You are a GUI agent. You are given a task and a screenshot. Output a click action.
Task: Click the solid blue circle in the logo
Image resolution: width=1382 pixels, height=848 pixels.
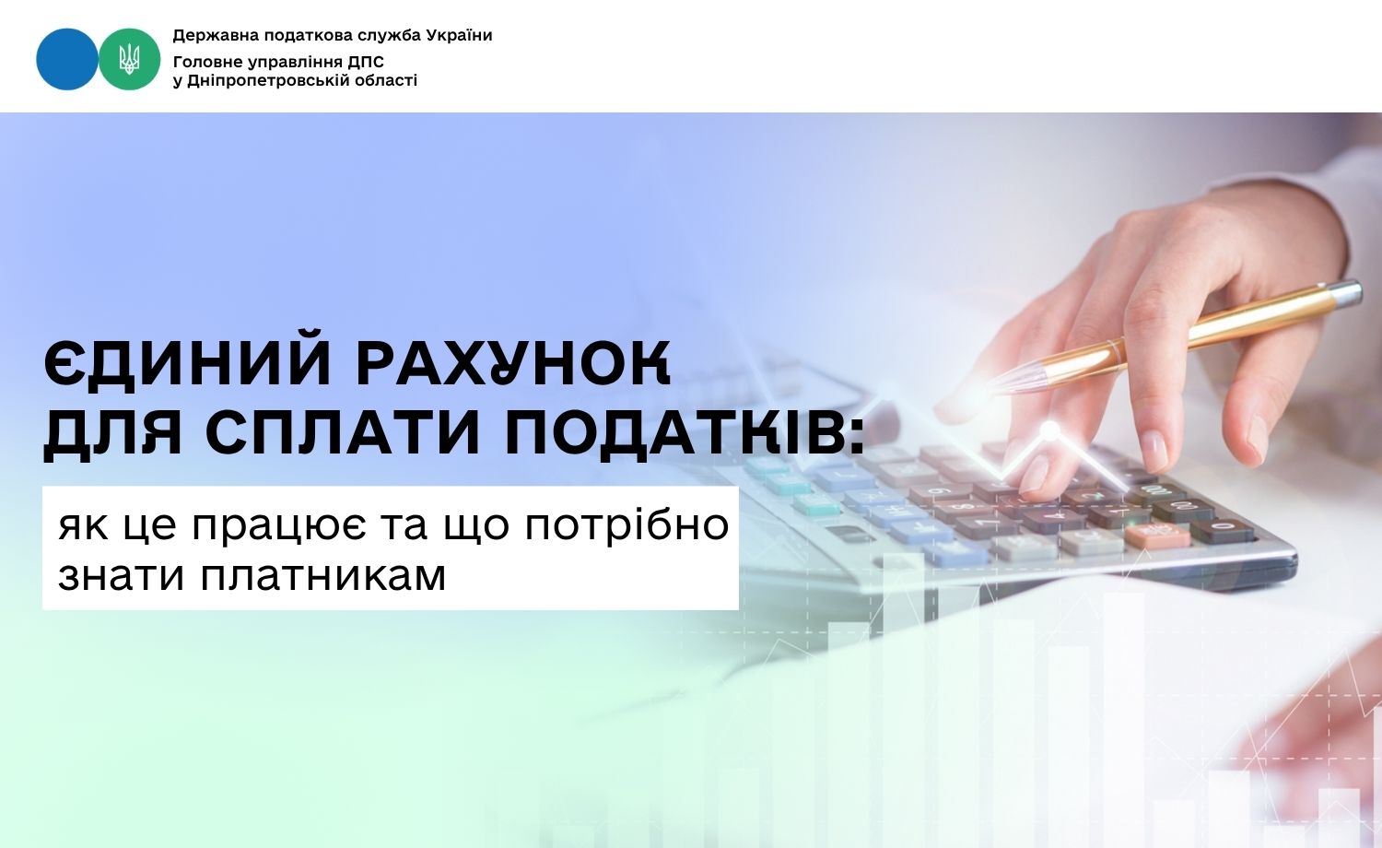[x=66, y=59]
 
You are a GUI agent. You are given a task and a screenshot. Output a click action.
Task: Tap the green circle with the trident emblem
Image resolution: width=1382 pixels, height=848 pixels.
[x=130, y=59]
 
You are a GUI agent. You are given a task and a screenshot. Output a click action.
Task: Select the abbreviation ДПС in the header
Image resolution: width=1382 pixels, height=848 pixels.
[x=367, y=63]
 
